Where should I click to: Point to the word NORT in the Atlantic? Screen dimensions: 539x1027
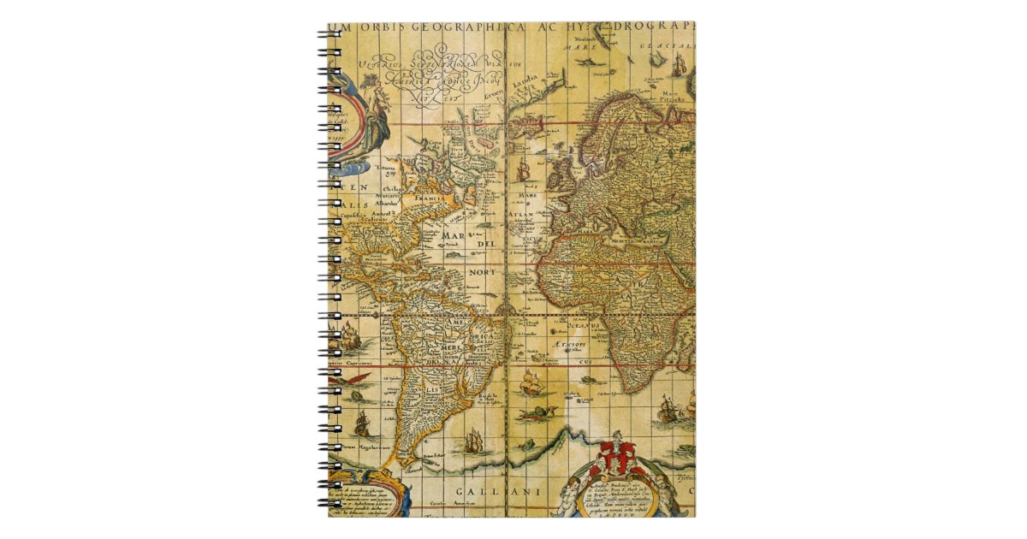point(481,272)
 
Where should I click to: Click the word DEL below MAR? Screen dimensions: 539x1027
point(485,245)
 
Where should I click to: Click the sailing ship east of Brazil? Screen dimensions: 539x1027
point(532,381)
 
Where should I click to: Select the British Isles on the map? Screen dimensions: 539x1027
point(562,175)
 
